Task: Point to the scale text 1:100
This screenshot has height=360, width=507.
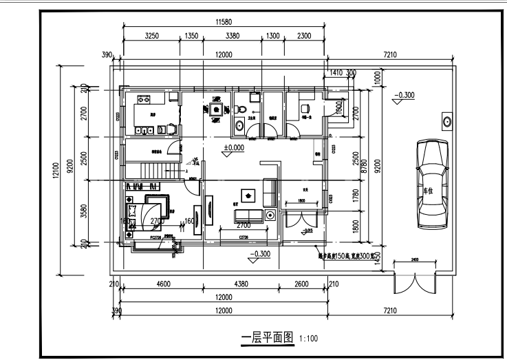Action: click(x=309, y=338)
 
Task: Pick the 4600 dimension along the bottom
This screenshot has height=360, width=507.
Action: click(x=162, y=284)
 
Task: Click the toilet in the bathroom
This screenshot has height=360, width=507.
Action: click(x=239, y=125)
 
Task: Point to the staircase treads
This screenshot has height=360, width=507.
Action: click(x=154, y=170)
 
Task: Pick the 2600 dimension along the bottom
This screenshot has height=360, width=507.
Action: click(x=302, y=284)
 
